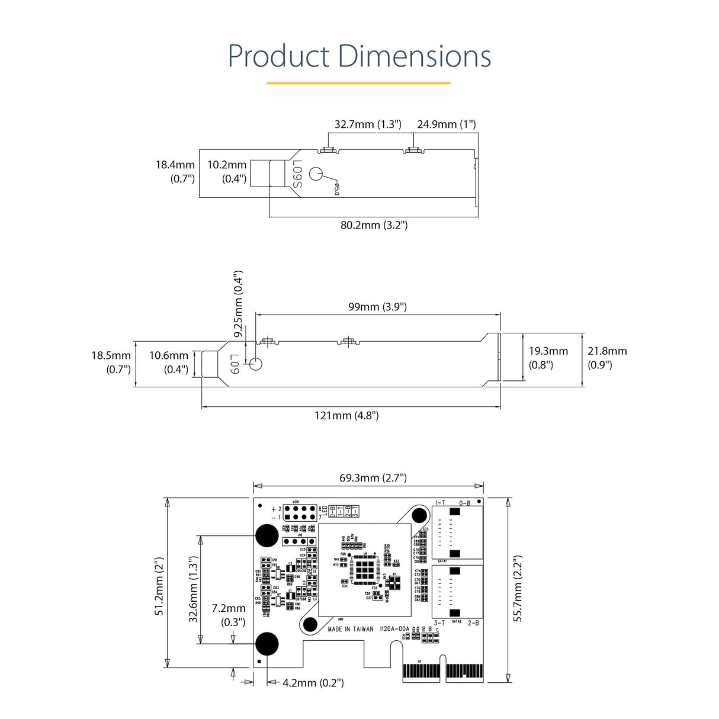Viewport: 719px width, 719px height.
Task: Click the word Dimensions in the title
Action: [414, 56]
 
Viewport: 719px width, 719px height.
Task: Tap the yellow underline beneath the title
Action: [358, 83]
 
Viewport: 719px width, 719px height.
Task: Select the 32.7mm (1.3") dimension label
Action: [368, 124]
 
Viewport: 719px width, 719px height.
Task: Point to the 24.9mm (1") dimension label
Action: [446, 124]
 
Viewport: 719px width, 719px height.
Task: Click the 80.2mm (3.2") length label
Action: [374, 225]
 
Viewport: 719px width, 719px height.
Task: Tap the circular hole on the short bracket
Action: [317, 174]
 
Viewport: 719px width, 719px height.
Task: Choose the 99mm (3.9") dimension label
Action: [377, 307]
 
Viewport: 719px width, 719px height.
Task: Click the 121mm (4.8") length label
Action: [346, 415]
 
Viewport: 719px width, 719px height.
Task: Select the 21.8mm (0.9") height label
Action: [606, 358]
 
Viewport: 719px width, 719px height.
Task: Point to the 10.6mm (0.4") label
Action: [169, 362]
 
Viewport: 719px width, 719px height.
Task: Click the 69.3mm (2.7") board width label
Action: [373, 478]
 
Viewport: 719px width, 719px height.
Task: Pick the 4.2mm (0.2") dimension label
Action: [313, 683]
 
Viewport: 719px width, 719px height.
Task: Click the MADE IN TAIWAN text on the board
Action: [351, 629]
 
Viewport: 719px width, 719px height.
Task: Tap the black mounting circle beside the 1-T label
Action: [419, 515]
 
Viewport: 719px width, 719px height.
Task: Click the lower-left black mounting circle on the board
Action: [267, 644]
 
